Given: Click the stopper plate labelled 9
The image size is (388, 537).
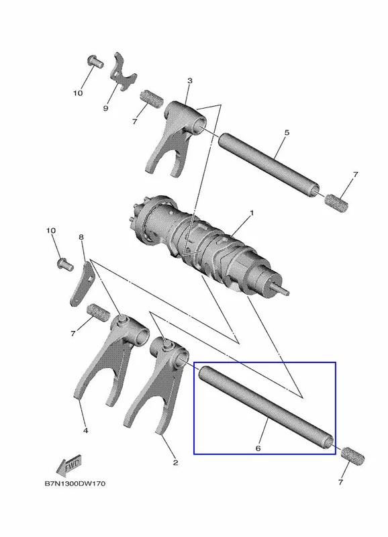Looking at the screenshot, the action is tap(122, 71).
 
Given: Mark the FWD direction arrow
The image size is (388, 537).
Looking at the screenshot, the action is tap(69, 465).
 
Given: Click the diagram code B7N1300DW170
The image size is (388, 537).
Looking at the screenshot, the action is tap(75, 483).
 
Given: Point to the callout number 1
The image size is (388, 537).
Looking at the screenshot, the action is tap(252, 213).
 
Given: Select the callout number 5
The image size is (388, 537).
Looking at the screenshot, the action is tap(287, 132).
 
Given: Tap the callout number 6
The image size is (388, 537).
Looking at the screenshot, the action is tap(258, 448).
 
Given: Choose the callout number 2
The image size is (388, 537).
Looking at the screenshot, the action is tap(175, 462).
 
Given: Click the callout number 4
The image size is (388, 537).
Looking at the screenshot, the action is tap(86, 430).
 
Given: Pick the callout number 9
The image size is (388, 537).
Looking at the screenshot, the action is tap(105, 108).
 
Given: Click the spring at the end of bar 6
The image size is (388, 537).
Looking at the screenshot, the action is tap(352, 456).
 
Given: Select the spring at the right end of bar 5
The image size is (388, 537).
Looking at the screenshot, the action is tap(336, 203).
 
